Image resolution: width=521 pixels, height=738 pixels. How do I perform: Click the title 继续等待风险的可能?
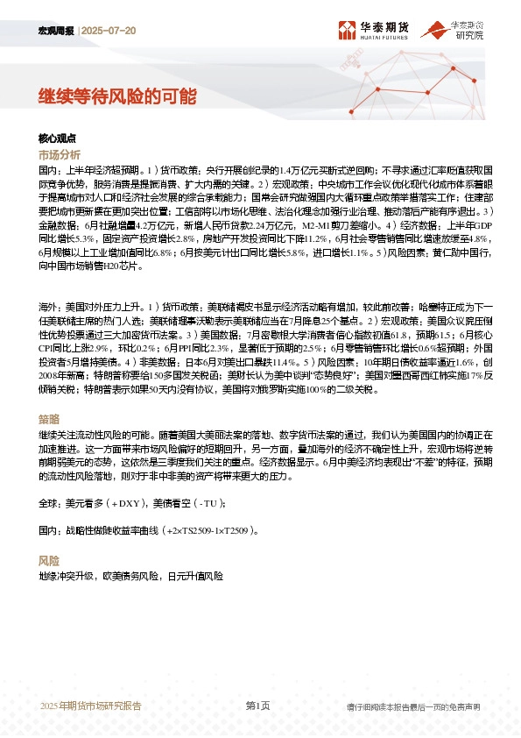(x=116, y=96)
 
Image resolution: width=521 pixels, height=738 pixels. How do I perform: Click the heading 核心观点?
(x=58, y=138)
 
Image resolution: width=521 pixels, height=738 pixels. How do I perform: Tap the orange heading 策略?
(x=49, y=419)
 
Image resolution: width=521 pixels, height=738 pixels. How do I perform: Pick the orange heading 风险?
(x=49, y=560)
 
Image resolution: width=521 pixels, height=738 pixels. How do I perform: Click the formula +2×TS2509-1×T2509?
(x=208, y=531)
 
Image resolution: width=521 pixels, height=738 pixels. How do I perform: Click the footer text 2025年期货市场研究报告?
(x=90, y=706)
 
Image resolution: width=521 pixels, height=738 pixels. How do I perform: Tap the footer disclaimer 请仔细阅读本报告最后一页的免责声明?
(x=413, y=706)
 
